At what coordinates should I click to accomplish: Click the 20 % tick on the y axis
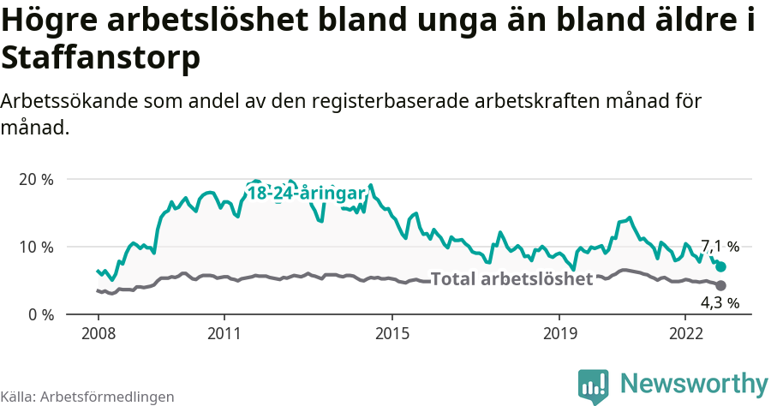coord(35,180)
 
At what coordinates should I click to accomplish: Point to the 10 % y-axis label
coord(35,248)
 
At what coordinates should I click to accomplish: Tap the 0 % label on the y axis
coord(39,314)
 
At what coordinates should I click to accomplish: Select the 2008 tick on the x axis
coord(98,332)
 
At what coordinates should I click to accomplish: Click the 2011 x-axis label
coord(224,332)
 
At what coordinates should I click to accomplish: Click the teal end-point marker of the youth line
coord(720,266)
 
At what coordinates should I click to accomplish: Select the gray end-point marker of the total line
coord(720,285)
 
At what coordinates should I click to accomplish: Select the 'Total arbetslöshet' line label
coord(511,279)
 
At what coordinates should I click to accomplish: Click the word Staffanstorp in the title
coord(101,58)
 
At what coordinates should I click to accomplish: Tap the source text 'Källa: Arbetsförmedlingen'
coord(87,397)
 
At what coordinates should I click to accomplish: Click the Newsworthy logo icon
coord(593,386)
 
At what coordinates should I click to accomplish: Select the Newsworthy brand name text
coord(694,383)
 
